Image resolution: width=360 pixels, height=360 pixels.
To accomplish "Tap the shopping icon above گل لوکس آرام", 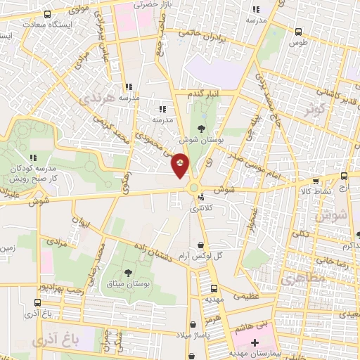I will tap(202, 245).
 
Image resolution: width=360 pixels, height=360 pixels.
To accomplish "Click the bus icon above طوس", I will tap(300, 32).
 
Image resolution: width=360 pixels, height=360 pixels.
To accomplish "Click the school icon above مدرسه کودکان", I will tap(32, 157).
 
